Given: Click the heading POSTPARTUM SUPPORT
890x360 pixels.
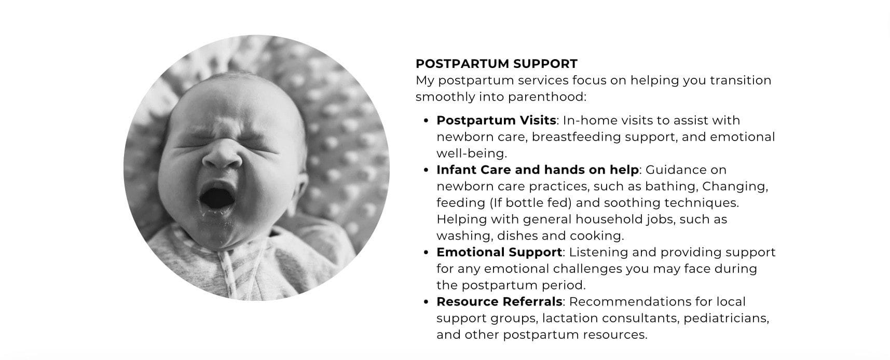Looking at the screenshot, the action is click(x=496, y=64).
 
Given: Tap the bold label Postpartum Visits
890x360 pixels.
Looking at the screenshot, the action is click(x=496, y=120).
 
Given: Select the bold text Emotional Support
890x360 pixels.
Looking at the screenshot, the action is click(x=499, y=252).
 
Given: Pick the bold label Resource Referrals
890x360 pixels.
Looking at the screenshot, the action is click(x=499, y=301).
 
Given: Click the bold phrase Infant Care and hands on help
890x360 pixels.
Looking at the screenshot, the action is click(x=538, y=170).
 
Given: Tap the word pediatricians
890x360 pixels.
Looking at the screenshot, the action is click(x=725, y=318).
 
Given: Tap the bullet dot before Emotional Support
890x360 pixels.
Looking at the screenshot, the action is click(x=426, y=253).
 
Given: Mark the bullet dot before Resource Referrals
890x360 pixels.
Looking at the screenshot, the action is click(x=426, y=302).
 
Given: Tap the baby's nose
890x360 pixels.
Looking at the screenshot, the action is click(x=222, y=156).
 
